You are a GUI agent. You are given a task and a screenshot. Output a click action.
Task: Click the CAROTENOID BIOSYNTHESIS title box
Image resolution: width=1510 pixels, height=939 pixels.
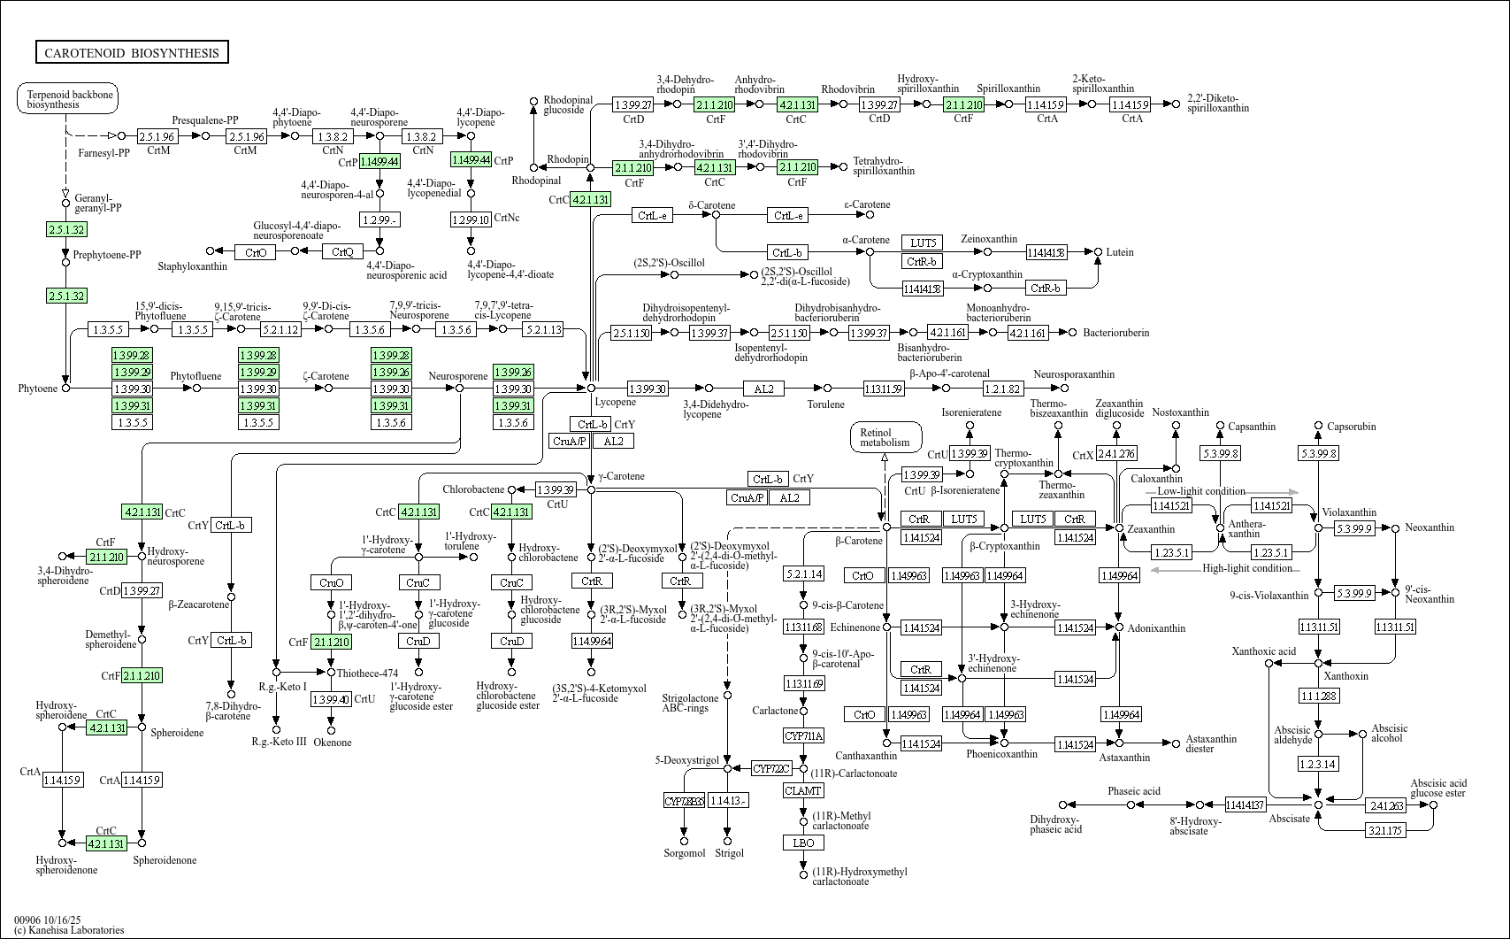(x=132, y=53)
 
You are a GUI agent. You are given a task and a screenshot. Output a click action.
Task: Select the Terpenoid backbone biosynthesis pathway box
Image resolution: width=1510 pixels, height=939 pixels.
(x=68, y=99)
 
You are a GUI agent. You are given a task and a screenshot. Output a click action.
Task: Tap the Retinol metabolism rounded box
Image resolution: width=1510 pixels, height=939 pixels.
(x=885, y=437)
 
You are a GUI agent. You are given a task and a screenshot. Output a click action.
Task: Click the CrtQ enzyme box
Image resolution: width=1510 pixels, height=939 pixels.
(x=342, y=252)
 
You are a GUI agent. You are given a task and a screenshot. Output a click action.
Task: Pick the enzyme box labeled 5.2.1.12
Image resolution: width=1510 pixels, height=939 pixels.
(x=280, y=329)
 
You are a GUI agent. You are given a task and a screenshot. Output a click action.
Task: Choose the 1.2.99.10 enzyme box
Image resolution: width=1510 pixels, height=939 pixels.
(x=471, y=219)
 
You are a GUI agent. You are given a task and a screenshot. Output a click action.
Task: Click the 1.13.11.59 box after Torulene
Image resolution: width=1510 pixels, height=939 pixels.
(x=883, y=389)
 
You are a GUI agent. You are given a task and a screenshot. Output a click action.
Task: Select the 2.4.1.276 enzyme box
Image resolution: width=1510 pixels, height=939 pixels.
(x=1116, y=454)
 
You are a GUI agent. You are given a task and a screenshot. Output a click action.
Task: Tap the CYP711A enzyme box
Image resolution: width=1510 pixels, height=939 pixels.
(x=803, y=736)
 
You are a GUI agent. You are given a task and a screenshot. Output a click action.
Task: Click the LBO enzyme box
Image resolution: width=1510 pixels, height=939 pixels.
(x=803, y=843)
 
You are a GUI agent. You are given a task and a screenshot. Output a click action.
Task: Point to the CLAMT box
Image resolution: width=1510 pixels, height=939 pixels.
(x=803, y=790)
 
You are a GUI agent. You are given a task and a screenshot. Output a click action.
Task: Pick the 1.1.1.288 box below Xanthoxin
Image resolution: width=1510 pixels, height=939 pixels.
(x=1318, y=696)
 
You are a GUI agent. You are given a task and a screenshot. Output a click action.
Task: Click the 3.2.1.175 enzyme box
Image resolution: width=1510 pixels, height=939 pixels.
(x=1385, y=830)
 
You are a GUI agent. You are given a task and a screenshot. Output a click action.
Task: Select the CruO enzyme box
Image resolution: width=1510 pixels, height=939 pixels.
(x=332, y=582)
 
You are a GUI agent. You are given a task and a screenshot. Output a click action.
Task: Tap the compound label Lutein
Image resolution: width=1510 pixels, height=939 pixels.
(x=1119, y=252)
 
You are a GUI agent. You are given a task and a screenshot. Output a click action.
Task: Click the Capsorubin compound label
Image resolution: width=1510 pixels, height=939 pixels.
(x=1351, y=427)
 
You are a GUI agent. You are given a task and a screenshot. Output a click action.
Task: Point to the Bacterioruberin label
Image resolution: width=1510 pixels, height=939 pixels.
(x=1115, y=333)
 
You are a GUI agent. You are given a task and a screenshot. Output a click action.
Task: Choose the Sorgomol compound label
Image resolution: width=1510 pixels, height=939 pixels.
(x=685, y=853)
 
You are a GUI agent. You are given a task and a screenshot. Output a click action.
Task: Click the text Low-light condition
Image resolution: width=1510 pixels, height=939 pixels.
(x=1200, y=491)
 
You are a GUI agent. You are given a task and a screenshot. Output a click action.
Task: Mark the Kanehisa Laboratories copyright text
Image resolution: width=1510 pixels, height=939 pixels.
(x=69, y=930)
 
